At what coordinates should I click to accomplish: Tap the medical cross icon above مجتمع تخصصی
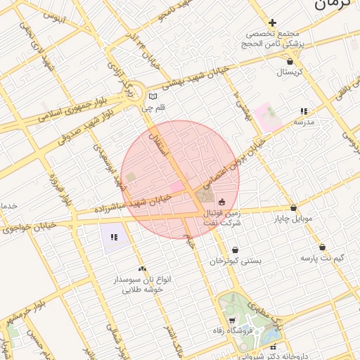pyautogui.click(x=273, y=22)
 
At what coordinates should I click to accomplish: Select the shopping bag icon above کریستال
pyautogui.click(x=290, y=62)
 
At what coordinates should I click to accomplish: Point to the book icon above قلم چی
pyautogui.click(x=153, y=96)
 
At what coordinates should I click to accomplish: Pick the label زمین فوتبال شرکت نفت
pyautogui.click(x=221, y=217)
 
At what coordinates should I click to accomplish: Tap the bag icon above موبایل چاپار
pyautogui.click(x=293, y=208)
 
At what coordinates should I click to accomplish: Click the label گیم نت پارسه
pyautogui.click(x=322, y=258)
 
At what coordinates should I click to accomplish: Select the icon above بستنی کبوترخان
pyautogui.click(x=235, y=250)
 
